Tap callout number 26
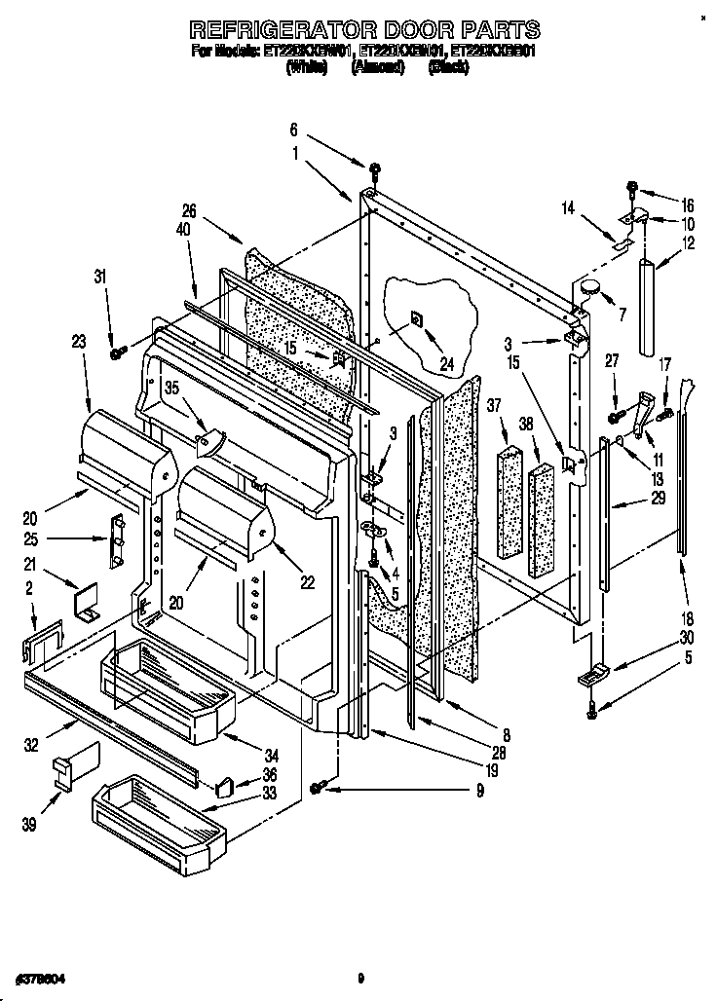pos(189,209)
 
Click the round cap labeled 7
pos(590,288)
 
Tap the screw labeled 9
pos(318,787)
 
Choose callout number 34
pos(271,755)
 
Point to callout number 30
pos(687,638)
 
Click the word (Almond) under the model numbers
pos(376,69)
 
